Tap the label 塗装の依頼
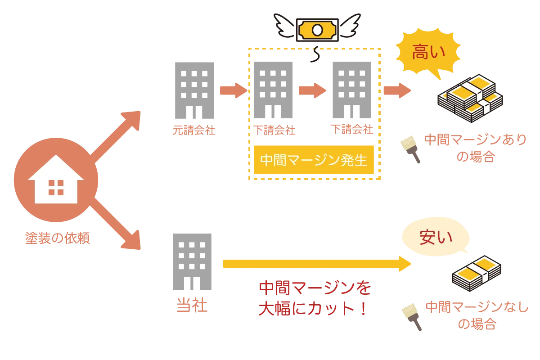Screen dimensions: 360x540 (58, 238)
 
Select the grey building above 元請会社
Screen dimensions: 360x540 (194, 90)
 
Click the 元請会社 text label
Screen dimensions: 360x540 (194, 130)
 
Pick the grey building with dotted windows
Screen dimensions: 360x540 (353, 90)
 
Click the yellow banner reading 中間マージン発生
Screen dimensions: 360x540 (314, 160)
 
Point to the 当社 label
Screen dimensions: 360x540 (192, 306)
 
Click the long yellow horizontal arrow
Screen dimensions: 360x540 (315, 264)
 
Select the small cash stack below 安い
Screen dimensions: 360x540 (476, 273)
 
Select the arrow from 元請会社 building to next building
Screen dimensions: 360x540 (233, 90)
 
